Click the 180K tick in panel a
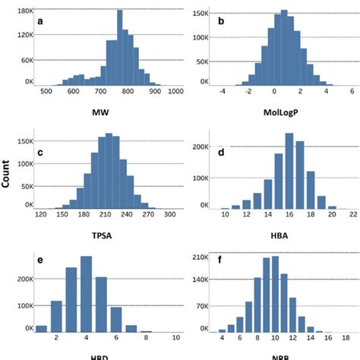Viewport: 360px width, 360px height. [24, 11]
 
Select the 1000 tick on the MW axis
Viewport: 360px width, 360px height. [176, 91]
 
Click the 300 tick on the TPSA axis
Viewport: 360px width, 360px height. [170, 215]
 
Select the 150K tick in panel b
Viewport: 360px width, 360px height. [201, 14]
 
